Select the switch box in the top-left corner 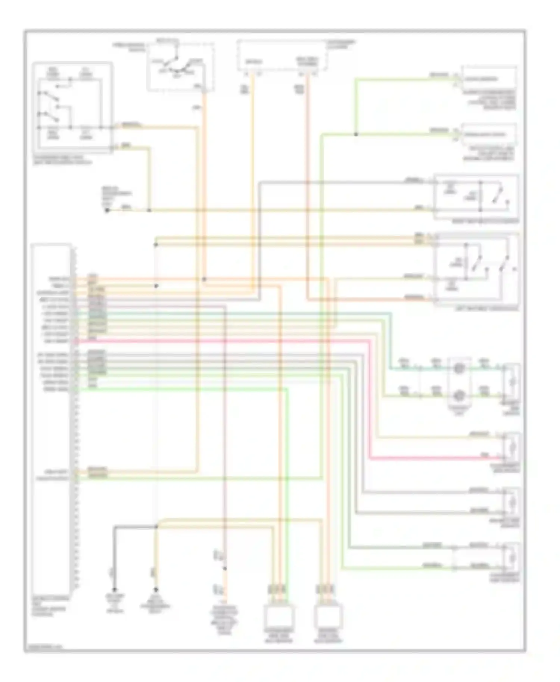[x=72, y=107]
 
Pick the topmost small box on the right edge [x=489, y=78]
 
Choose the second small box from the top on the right [x=489, y=134]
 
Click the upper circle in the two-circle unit [x=459, y=369]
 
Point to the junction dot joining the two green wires [x=356, y=134]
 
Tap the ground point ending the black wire [x=115, y=590]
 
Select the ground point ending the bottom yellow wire [x=156, y=590]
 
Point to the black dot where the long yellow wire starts [x=107, y=210]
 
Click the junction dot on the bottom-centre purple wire [x=225, y=569]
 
